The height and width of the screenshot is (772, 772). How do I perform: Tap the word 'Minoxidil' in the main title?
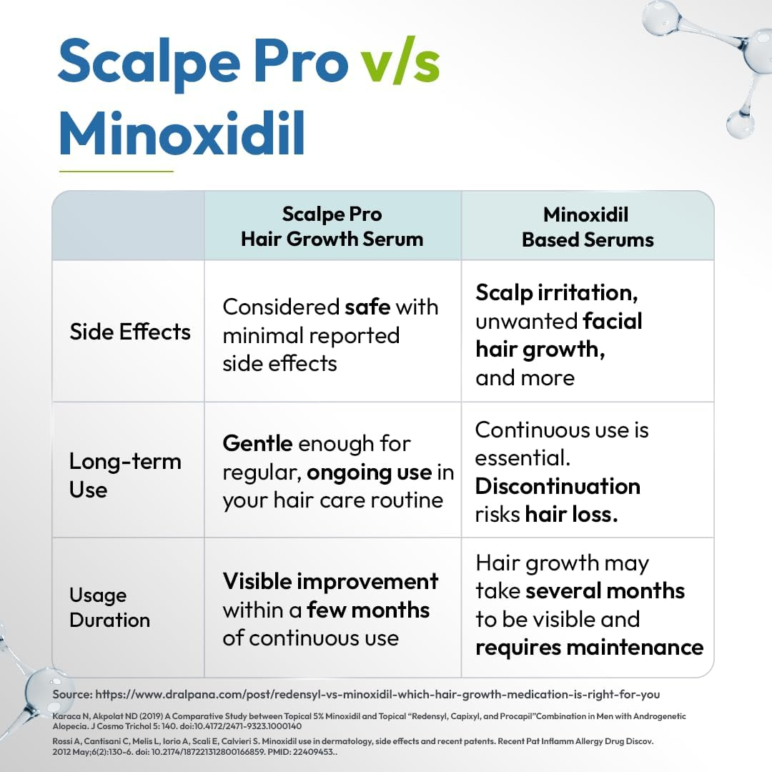182,133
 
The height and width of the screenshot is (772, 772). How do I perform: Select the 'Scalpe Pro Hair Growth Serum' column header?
332,226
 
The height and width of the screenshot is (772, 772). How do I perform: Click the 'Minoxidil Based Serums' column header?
588,226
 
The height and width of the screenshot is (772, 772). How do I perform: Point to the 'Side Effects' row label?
130,332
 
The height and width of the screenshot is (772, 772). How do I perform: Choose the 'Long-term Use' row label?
125,475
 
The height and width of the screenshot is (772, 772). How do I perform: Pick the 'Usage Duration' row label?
109,608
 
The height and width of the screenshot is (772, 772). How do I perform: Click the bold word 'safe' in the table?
367,307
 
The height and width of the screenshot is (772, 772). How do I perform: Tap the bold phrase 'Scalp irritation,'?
557,292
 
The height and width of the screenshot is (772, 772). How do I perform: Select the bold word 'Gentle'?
257,443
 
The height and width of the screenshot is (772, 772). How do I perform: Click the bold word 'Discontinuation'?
558,486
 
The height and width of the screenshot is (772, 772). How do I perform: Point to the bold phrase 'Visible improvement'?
330,581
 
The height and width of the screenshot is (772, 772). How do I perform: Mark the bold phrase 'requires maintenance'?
589,647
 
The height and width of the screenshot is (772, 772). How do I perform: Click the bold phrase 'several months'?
605,591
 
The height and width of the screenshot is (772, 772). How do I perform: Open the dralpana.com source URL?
377,694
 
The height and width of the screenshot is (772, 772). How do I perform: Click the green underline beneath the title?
116,172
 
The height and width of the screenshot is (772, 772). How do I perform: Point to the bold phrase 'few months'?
368,610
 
